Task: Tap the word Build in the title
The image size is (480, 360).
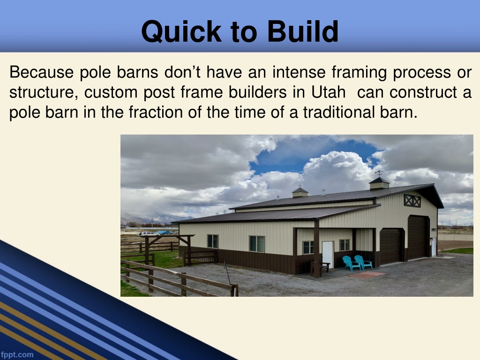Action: pyautogui.click(x=303, y=31)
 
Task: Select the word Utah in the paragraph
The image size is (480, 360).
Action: pyautogui.click(x=329, y=92)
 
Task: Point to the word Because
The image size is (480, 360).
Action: pyautogui.click(x=41, y=72)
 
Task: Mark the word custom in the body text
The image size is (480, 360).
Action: pyautogui.click(x=111, y=92)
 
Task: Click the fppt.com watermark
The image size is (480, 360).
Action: pyautogui.click(x=16, y=355)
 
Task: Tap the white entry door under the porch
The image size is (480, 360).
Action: pyautogui.click(x=328, y=255)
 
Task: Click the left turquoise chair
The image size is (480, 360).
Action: pyautogui.click(x=351, y=263)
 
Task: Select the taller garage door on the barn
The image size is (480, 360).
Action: pyautogui.click(x=418, y=237)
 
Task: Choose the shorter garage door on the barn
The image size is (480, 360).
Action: pyautogui.click(x=391, y=246)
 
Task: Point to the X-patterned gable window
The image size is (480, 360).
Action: pyautogui.click(x=412, y=201)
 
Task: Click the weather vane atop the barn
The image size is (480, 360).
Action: pyautogui.click(x=379, y=173)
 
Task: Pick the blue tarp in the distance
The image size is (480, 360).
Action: pyautogui.click(x=164, y=232)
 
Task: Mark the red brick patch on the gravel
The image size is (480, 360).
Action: pyautogui.click(x=367, y=275)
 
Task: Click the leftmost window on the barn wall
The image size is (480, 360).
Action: pyautogui.click(x=213, y=241)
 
